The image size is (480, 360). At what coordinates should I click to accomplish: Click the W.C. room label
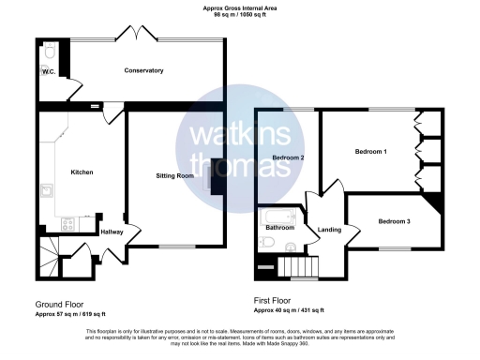(48, 72)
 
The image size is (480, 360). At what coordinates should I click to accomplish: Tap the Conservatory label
(144, 71)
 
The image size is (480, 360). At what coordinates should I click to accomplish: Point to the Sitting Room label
(174, 176)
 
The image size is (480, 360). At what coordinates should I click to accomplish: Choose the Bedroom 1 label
(371, 151)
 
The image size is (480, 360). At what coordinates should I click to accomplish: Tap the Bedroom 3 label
(394, 221)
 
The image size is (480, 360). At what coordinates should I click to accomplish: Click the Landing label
(329, 230)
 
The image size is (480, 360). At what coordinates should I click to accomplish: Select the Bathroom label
(280, 228)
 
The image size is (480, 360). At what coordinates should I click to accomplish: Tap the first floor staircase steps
(303, 266)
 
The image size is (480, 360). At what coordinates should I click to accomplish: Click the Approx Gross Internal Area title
(240, 8)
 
